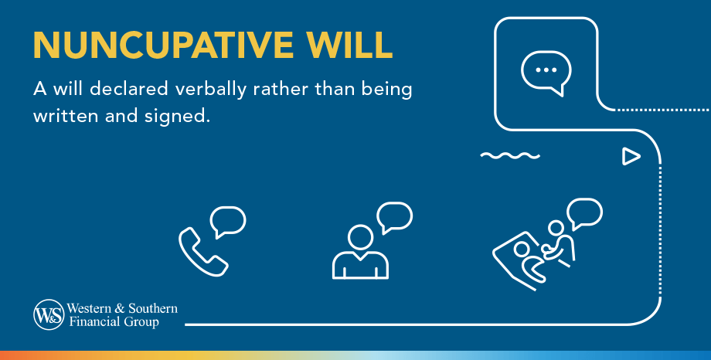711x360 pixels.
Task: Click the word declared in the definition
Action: pos(131,89)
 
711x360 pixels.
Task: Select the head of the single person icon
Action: pos(360,236)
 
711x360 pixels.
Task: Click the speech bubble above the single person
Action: pos(395,216)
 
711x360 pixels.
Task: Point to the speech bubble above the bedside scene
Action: pos(584,212)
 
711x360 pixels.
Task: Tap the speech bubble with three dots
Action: pos(546,71)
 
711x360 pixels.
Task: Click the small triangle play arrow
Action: pos(631,157)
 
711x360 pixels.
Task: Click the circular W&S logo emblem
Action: pos(48,314)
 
